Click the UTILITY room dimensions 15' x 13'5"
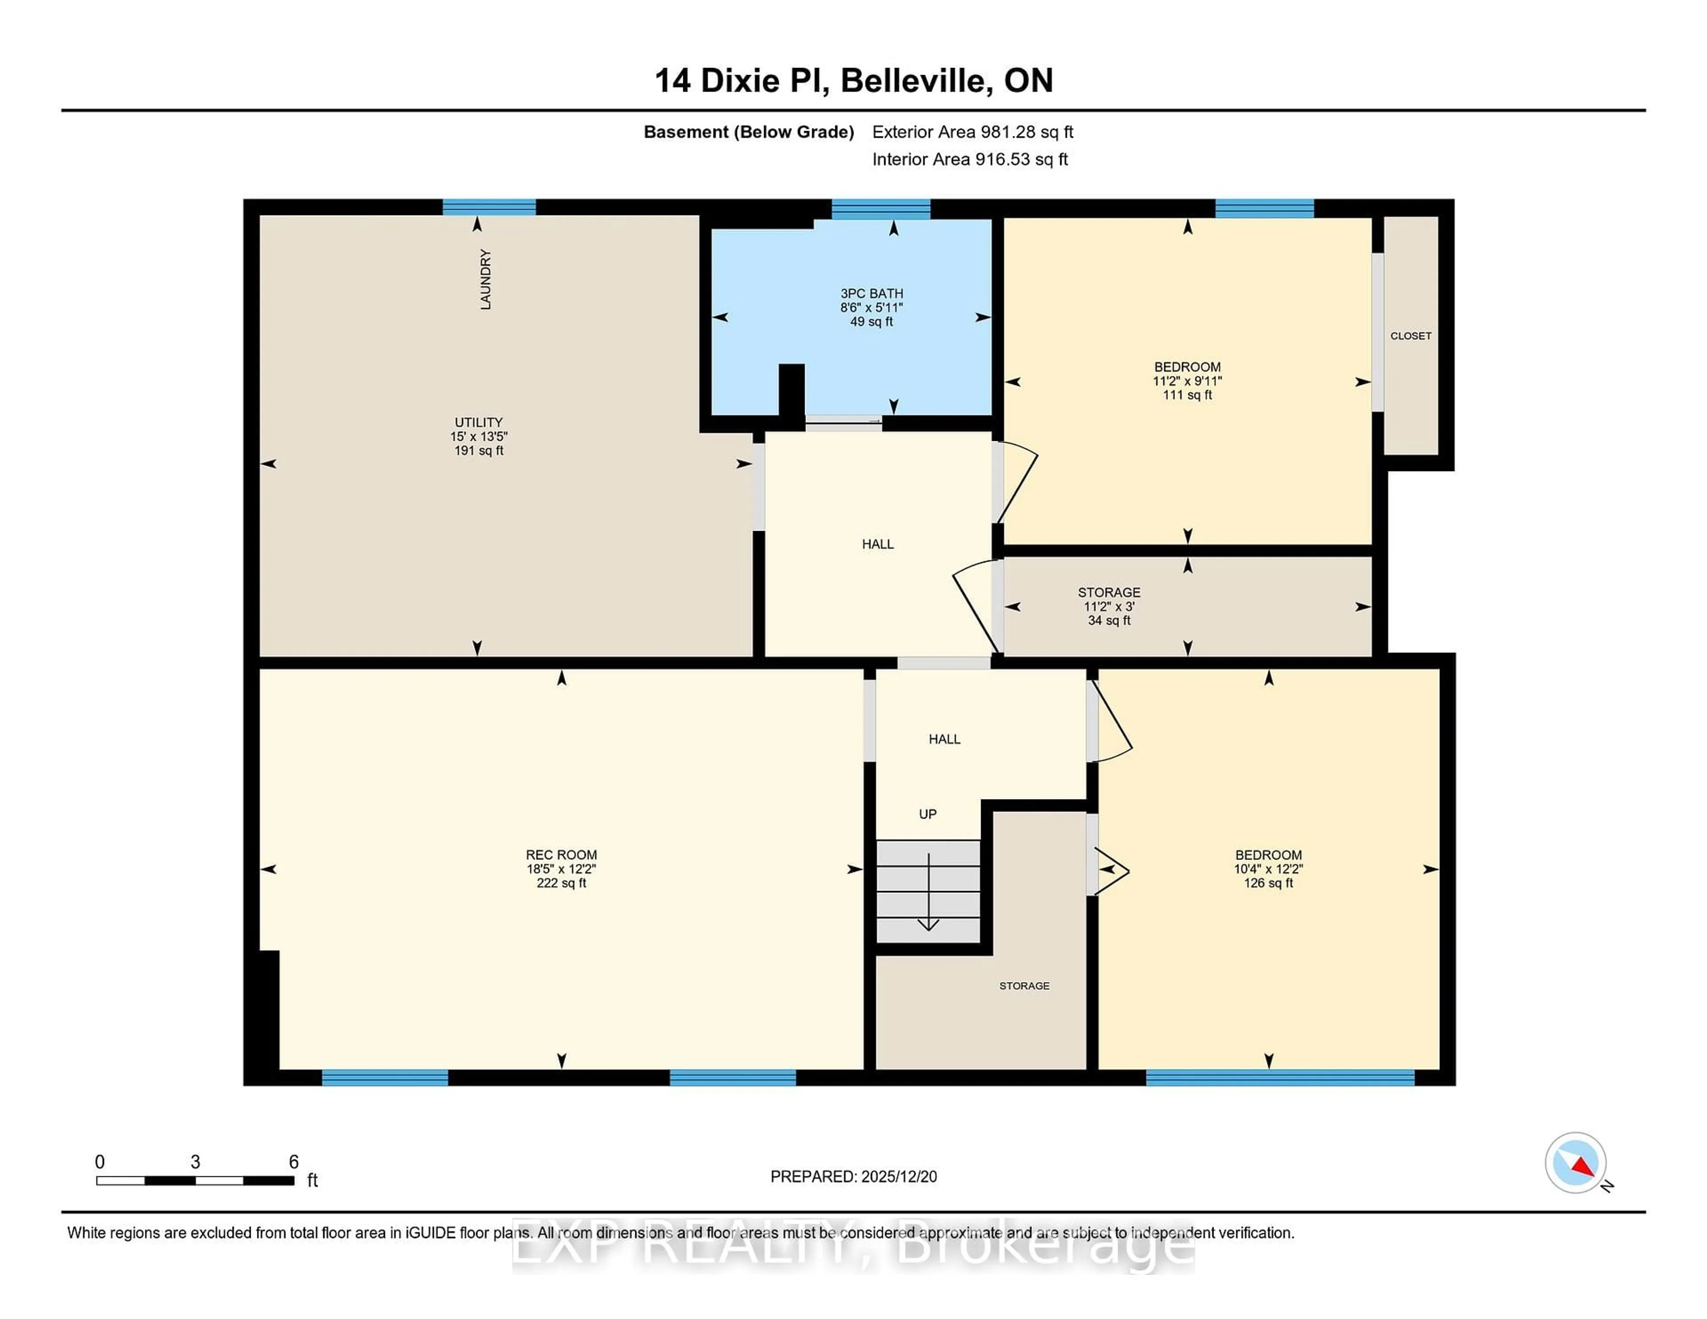click(x=478, y=436)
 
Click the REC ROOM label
click(x=561, y=855)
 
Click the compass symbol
click(x=1575, y=1163)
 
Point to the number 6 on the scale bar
click(x=294, y=1162)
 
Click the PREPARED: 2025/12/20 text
click(x=853, y=1177)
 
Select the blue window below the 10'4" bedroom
click(x=1279, y=1078)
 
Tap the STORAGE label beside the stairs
click(x=1024, y=986)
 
